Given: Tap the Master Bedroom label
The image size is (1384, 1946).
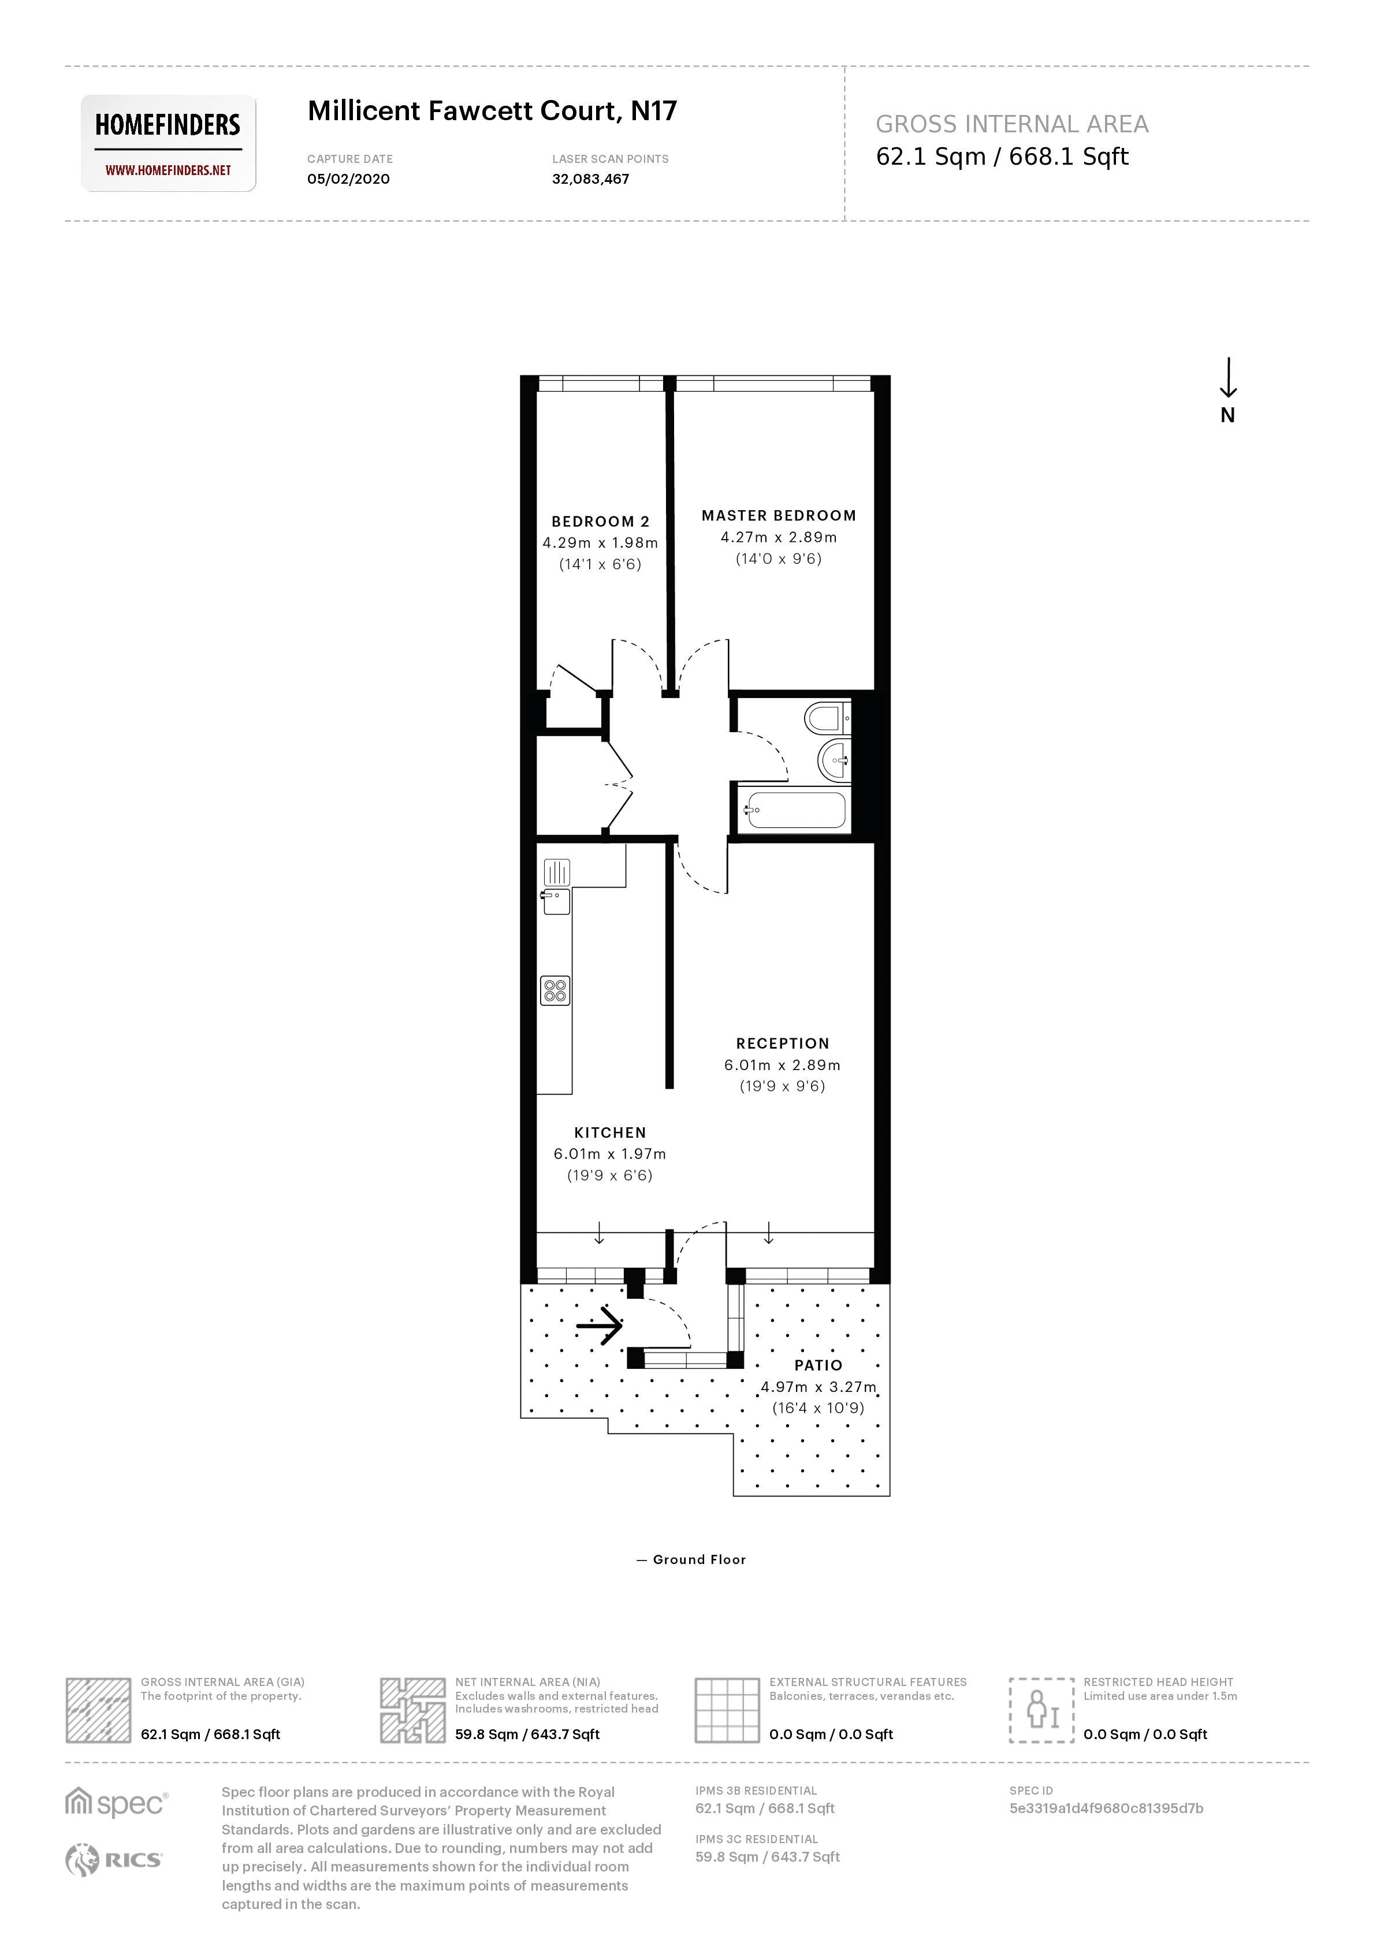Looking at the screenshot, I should (x=778, y=516).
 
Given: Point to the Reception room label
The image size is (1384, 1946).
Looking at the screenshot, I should (x=782, y=1043).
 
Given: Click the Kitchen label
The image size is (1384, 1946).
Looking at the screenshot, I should (x=610, y=1133).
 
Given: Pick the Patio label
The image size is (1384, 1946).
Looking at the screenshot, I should (x=818, y=1365).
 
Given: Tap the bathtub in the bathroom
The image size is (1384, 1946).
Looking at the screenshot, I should (x=795, y=811).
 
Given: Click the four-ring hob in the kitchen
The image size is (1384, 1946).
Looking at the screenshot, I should (x=555, y=990).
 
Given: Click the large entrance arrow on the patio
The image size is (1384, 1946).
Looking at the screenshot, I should (x=600, y=1325).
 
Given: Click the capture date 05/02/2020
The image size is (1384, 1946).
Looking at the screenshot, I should (x=348, y=179).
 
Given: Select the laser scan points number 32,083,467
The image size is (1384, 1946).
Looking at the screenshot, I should (x=590, y=179).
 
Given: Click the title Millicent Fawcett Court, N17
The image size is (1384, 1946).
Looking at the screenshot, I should (x=492, y=111).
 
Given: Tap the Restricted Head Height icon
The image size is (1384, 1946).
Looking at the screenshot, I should (x=1040, y=1710).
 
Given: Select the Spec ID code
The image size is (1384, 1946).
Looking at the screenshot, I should (x=1106, y=1808).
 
